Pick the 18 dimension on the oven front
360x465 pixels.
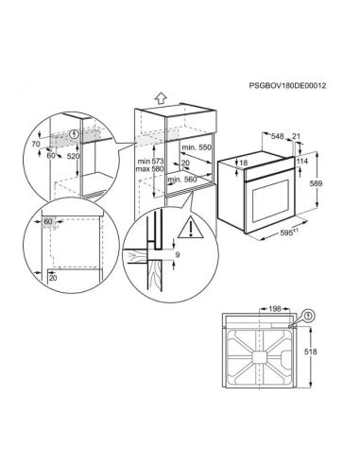pos(244,164)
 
